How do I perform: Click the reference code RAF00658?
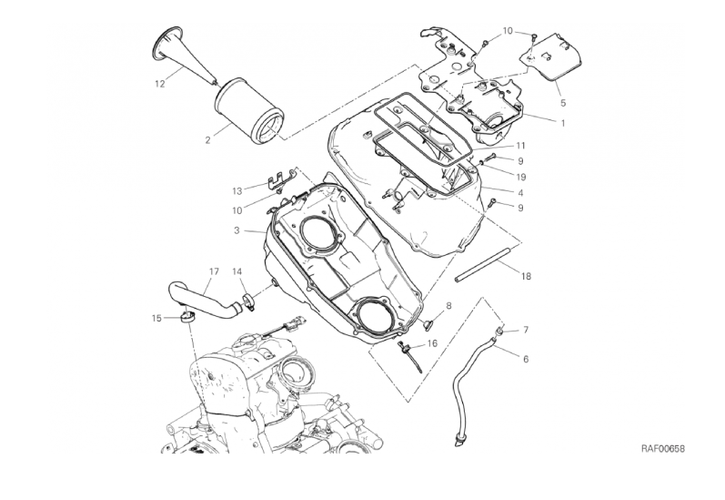[x=662, y=448]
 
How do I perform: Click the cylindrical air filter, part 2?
[x=248, y=110]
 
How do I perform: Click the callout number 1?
[x=563, y=124]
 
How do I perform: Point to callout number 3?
[x=237, y=230]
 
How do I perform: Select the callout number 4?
[x=520, y=192]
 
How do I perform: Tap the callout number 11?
[x=520, y=146]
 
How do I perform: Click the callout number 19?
[x=520, y=177]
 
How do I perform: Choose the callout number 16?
[x=432, y=343]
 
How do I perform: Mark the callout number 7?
[x=525, y=330]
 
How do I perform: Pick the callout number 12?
[x=159, y=84]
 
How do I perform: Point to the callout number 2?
[x=207, y=140]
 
